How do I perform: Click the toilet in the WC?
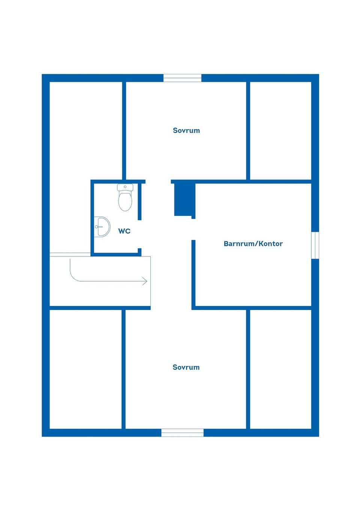[x=125, y=197]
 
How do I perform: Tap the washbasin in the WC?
[x=102, y=227]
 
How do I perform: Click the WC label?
[x=124, y=231]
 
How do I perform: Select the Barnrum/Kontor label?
[x=253, y=244]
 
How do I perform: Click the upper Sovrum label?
[x=186, y=130]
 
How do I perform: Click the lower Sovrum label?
[x=186, y=367]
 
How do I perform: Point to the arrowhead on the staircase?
[x=145, y=281]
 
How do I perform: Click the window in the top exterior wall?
[x=182, y=78]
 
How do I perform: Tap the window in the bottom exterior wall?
[x=183, y=433]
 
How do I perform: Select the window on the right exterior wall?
[x=315, y=245]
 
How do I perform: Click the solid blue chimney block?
[x=183, y=199]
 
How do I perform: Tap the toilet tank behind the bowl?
[x=125, y=187]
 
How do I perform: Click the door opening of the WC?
[x=139, y=234]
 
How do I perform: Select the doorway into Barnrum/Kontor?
[x=193, y=229]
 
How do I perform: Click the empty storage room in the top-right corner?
[x=280, y=131]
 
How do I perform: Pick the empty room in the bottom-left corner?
[x=85, y=369]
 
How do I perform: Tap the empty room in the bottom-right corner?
[x=280, y=369]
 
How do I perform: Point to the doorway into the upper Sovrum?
[x=158, y=181]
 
